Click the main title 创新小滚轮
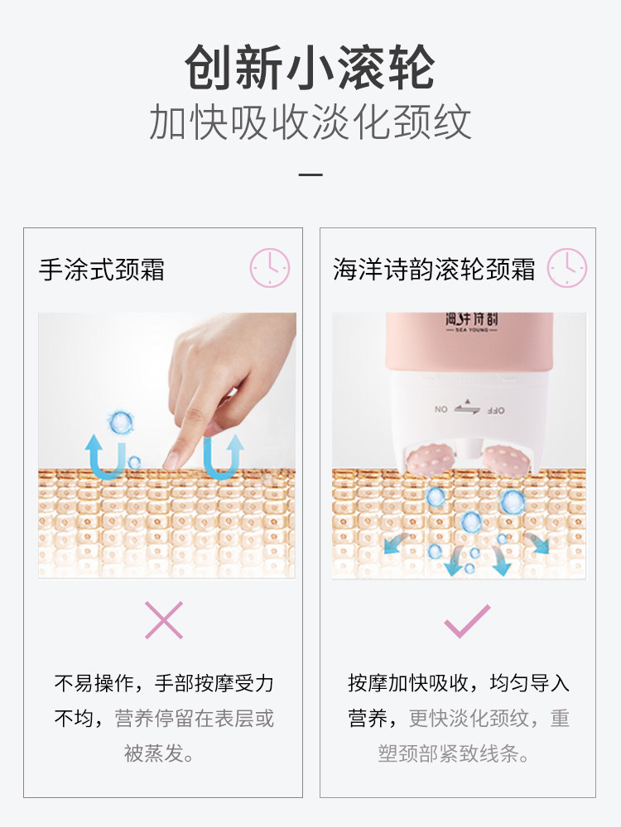click(310, 68)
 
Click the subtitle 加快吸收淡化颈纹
click(310, 122)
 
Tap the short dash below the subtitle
click(310, 174)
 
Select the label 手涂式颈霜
click(102, 270)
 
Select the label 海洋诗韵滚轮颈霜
click(434, 270)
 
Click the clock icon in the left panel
click(270, 269)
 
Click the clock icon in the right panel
click(566, 269)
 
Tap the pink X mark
click(163, 620)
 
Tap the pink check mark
click(467, 621)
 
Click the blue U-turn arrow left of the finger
click(106, 457)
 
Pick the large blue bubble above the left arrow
click(121, 423)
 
